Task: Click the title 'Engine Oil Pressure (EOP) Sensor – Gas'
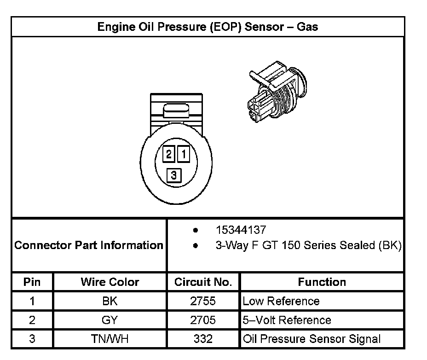tap(208, 27)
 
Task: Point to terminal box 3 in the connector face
tap(173, 175)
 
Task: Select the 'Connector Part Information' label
tap(89, 245)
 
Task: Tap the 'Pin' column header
tap(32, 282)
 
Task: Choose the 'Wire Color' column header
tap(110, 282)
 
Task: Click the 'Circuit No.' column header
tap(203, 282)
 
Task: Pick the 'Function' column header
tap(322, 282)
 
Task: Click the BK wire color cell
tap(110, 301)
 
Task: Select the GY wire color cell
tap(110, 320)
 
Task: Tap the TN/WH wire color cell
tap(110, 339)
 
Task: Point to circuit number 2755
tap(203, 301)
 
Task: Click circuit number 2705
tap(203, 320)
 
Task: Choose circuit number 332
tap(203, 339)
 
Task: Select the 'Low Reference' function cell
tap(281, 301)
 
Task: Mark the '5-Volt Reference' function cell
tap(287, 320)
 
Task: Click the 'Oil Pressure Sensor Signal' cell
tap(312, 339)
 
